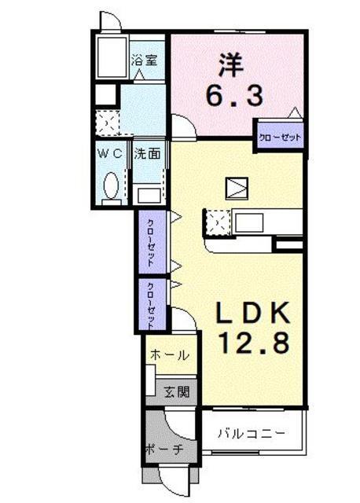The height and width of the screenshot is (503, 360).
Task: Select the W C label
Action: [110, 154]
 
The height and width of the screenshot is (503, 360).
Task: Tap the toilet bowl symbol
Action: [112, 187]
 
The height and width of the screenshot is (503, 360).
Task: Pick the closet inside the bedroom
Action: [280, 137]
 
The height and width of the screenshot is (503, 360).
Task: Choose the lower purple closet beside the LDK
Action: [152, 304]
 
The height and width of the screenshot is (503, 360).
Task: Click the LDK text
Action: [253, 313]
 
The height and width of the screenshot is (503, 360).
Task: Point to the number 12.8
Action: [253, 342]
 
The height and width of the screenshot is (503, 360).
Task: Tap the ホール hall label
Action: [169, 355]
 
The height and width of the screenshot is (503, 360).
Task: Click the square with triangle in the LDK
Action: [236, 188]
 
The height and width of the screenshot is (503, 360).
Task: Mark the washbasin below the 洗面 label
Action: [147, 193]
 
